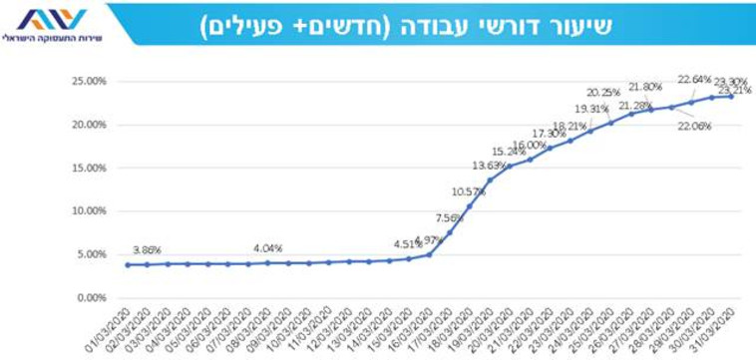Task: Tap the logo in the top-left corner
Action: pyautogui.click(x=51, y=25)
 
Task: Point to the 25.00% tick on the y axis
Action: pyautogui.click(x=89, y=82)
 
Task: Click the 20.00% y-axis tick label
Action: pyautogui.click(x=89, y=125)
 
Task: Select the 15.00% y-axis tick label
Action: pyautogui.click(x=89, y=168)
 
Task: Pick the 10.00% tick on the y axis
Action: pyautogui.click(x=89, y=211)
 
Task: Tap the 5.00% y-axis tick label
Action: pyautogui.click(x=91, y=254)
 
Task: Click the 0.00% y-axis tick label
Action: pyautogui.click(x=91, y=297)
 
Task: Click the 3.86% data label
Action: pyautogui.click(x=146, y=250)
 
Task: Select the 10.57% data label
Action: pyautogui.click(x=468, y=191)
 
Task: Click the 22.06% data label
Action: pyautogui.click(x=694, y=127)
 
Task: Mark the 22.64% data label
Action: pyautogui.click(x=694, y=80)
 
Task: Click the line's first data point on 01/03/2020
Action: pyautogui.click(x=127, y=264)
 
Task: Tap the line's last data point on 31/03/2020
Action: pyautogui.click(x=731, y=97)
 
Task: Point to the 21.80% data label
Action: pyautogui.click(x=644, y=87)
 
